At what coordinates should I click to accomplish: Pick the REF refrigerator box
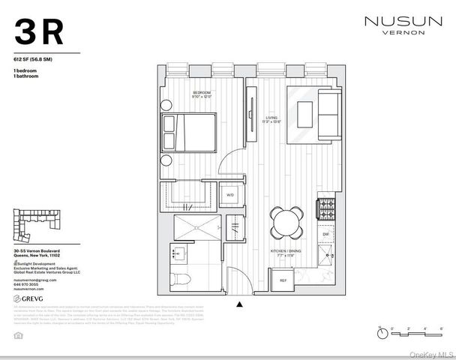click(x=283, y=280)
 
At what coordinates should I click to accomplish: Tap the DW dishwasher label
click(x=325, y=234)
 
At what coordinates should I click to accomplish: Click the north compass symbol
click(x=382, y=330)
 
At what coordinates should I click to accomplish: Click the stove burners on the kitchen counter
click(x=327, y=205)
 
